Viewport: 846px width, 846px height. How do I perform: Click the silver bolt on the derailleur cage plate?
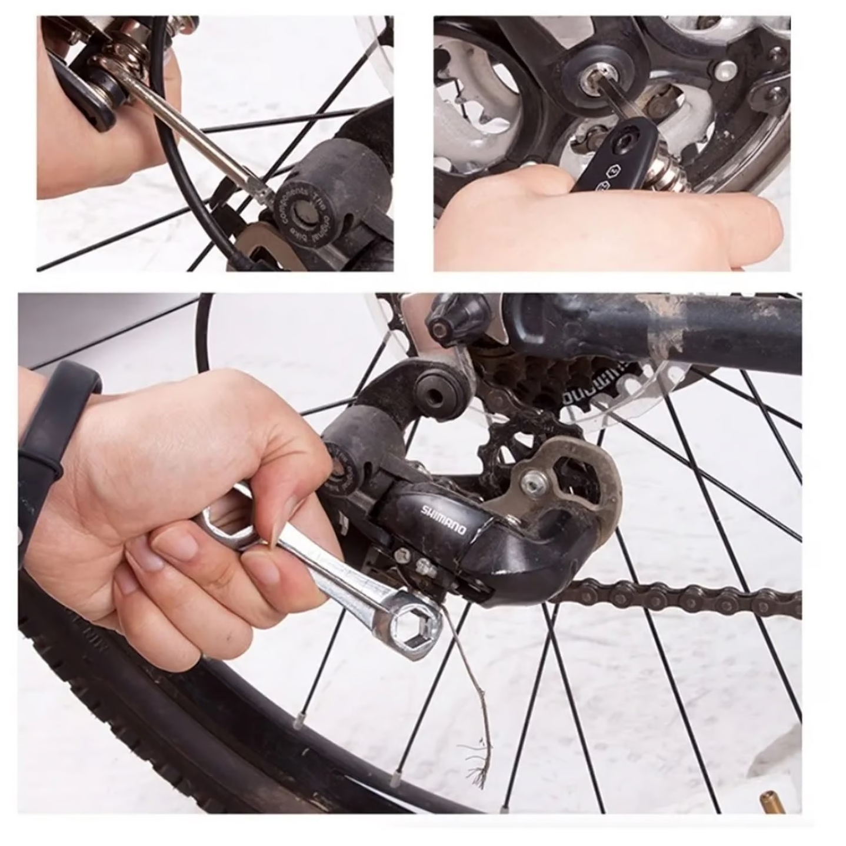tap(535, 483)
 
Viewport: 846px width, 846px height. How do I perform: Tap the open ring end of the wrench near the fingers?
tap(227, 527)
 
